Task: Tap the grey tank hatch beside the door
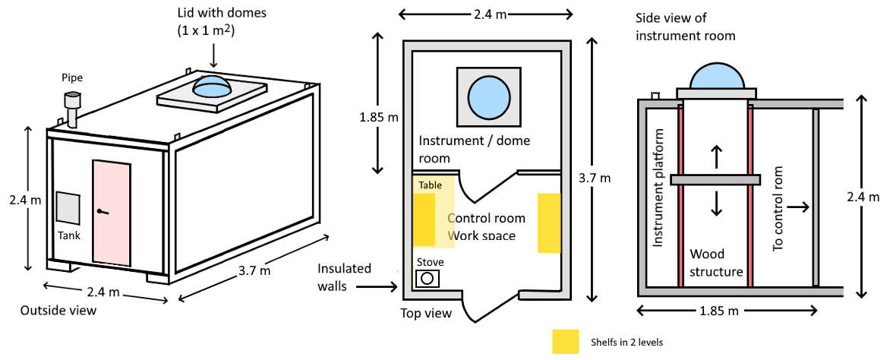coord(68,207)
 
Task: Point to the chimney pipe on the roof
coord(73,109)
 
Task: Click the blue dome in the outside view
coord(213,85)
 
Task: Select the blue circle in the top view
coord(488,96)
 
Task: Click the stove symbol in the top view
coord(427,278)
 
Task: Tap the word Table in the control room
coord(430,185)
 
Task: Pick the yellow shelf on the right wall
coord(549,223)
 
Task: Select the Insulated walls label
coord(346,277)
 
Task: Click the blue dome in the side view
coord(715,75)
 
